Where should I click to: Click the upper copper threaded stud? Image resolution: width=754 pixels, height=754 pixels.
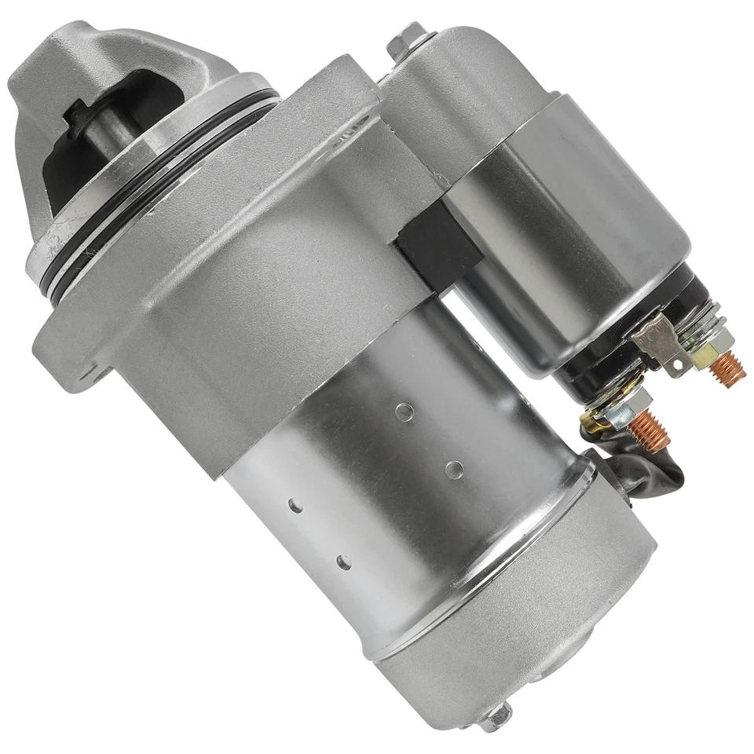[729, 364]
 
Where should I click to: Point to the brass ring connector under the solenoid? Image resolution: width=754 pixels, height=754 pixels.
[595, 424]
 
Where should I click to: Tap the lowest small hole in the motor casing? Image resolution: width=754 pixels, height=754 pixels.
[343, 562]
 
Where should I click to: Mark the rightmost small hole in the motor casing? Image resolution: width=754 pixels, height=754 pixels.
[453, 469]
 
